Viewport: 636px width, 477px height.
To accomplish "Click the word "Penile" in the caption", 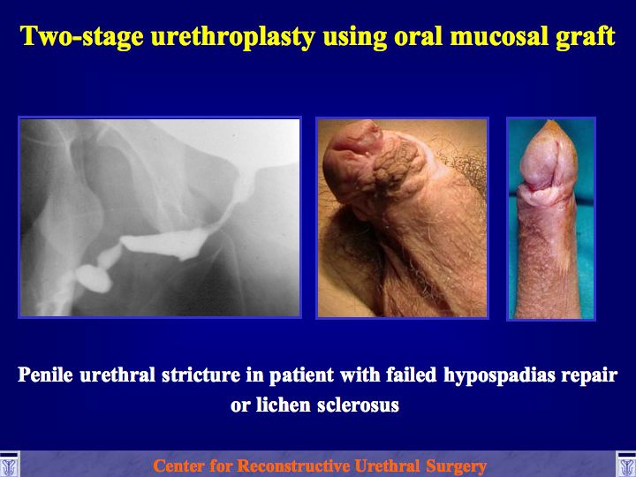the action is tap(45, 375).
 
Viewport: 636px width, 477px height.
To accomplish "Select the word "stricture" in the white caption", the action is tap(201, 375).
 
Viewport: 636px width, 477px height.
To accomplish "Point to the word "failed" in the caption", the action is tap(411, 375).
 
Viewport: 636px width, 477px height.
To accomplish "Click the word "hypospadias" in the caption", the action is tap(499, 375).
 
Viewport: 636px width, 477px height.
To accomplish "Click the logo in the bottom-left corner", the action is tap(10, 464).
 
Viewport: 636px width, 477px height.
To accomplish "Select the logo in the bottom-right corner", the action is tap(626, 464).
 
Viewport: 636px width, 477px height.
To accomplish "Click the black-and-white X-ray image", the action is tap(160, 217).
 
